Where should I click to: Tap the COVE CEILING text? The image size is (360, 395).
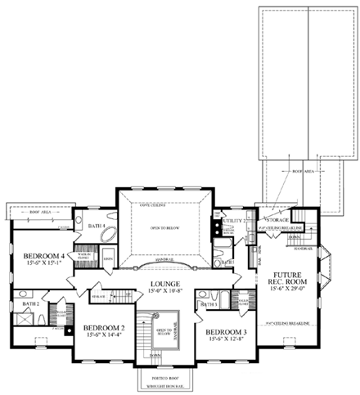(x=155, y=204)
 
